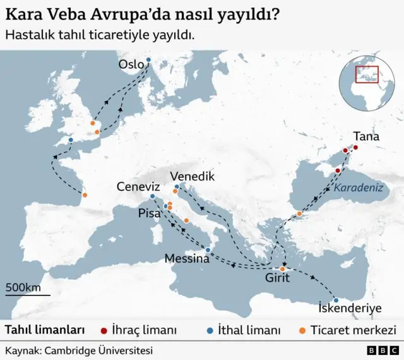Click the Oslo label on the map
tap(131, 64)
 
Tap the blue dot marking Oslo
tap(149, 60)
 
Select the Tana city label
tap(366, 136)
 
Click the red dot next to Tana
tap(355, 148)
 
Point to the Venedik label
tap(193, 176)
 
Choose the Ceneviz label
tap(138, 186)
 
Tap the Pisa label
tap(150, 213)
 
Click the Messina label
tap(187, 258)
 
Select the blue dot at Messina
tap(208, 250)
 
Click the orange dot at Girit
tap(283, 270)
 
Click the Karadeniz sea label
tap(359, 188)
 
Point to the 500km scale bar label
tap(23, 287)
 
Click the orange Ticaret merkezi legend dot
tap(302, 330)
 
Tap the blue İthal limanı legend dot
tap(210, 330)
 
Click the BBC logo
tap(381, 350)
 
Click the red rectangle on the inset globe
tap(366, 74)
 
